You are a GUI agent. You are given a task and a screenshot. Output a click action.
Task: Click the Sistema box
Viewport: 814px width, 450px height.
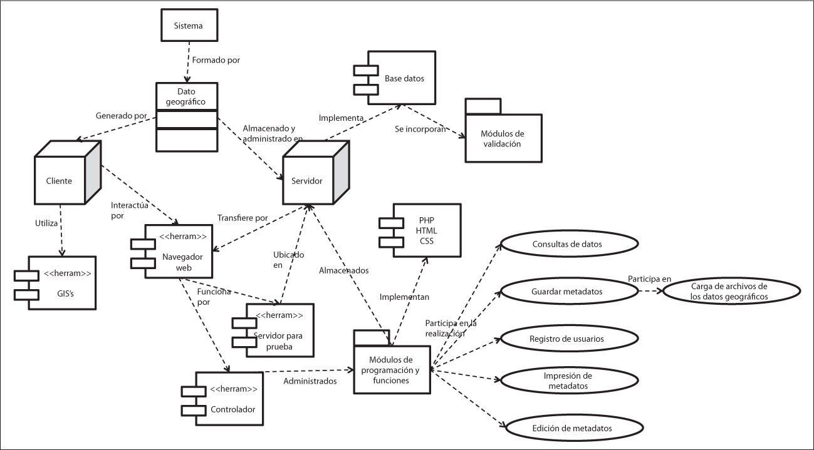point(188,26)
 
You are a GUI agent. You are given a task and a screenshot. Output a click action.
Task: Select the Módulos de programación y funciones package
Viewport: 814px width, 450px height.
point(391,366)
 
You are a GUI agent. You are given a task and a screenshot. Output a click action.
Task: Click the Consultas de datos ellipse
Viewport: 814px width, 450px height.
point(566,244)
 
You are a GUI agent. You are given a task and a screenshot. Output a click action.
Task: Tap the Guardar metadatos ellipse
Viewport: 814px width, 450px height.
point(566,291)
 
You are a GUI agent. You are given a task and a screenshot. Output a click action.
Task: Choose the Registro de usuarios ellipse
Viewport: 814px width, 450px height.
point(566,339)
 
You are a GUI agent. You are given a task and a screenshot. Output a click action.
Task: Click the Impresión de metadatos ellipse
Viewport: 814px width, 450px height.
point(566,381)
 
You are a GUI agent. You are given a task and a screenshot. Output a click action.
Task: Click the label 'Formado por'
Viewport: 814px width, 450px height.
point(216,61)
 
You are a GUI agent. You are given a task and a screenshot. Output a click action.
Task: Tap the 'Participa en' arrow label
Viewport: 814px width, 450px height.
point(650,279)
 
